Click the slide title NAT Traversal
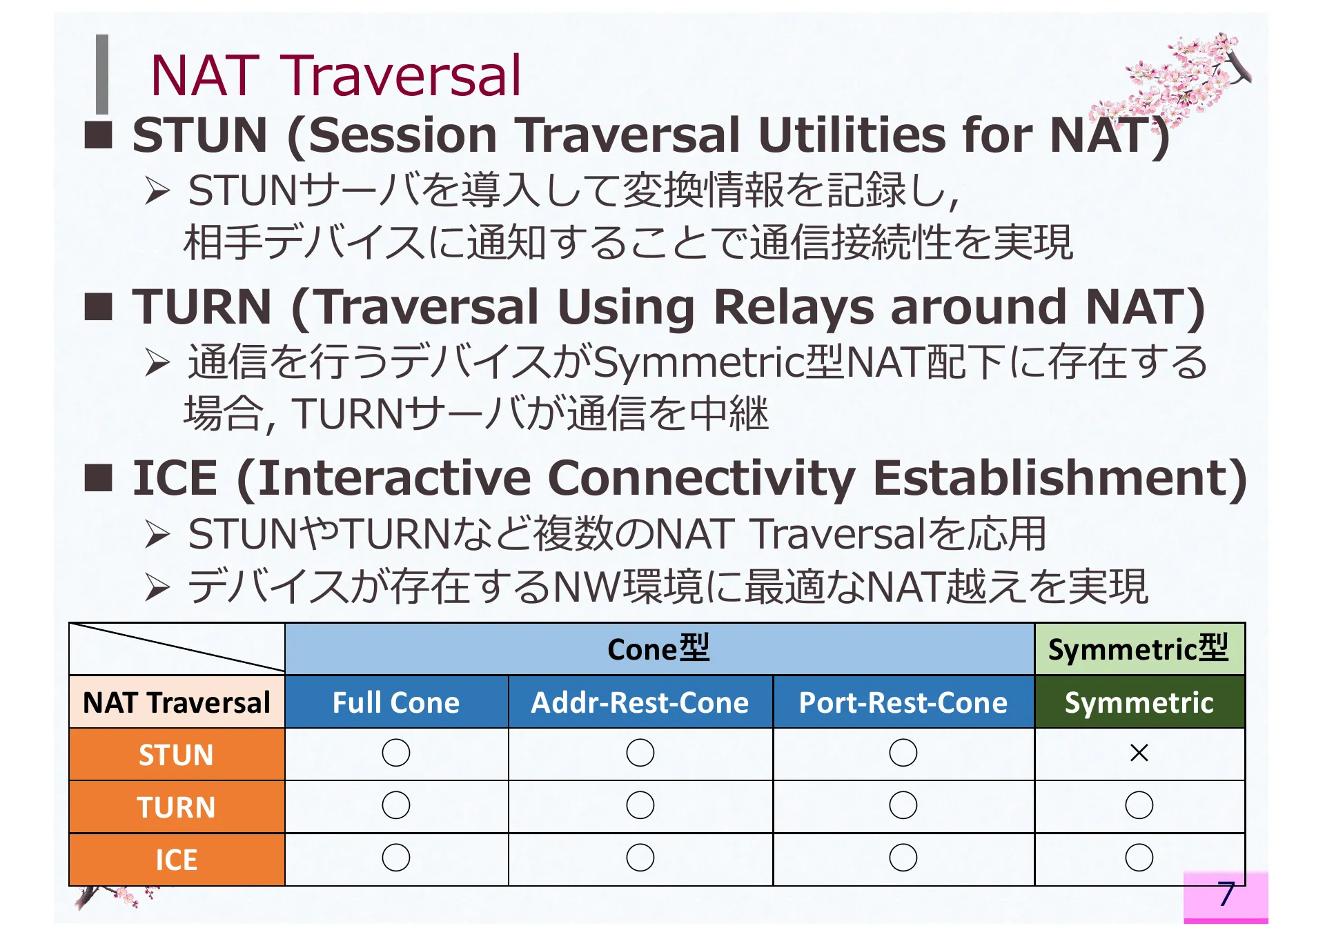click(335, 76)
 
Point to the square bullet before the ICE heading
click(98, 477)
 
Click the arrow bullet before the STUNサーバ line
click(157, 191)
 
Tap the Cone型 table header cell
click(659, 649)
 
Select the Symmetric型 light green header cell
click(1139, 649)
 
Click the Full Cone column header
click(396, 702)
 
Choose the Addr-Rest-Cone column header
click(640, 702)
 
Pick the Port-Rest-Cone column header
click(903, 702)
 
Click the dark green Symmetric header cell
click(1139, 702)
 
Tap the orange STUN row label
click(177, 755)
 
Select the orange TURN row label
click(177, 807)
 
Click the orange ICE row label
click(177, 860)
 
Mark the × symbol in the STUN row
click(1139, 753)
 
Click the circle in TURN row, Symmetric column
click(1139, 805)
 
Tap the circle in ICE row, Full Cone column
click(396, 858)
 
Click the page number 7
click(1226, 894)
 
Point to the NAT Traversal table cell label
click(177, 702)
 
